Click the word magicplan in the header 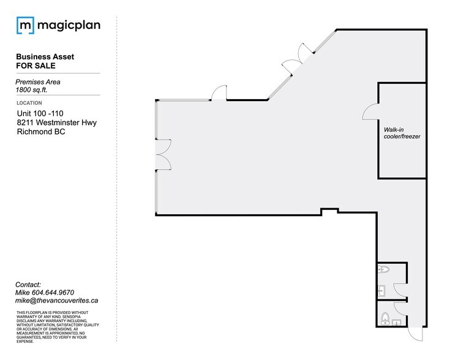tap(69, 26)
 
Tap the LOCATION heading tap(29, 103)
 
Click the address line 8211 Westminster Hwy tap(57, 122)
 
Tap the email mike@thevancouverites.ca tap(58, 301)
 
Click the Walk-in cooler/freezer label tap(402, 133)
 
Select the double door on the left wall tap(163, 153)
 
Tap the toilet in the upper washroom tap(384, 270)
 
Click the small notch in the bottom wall tap(329, 211)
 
